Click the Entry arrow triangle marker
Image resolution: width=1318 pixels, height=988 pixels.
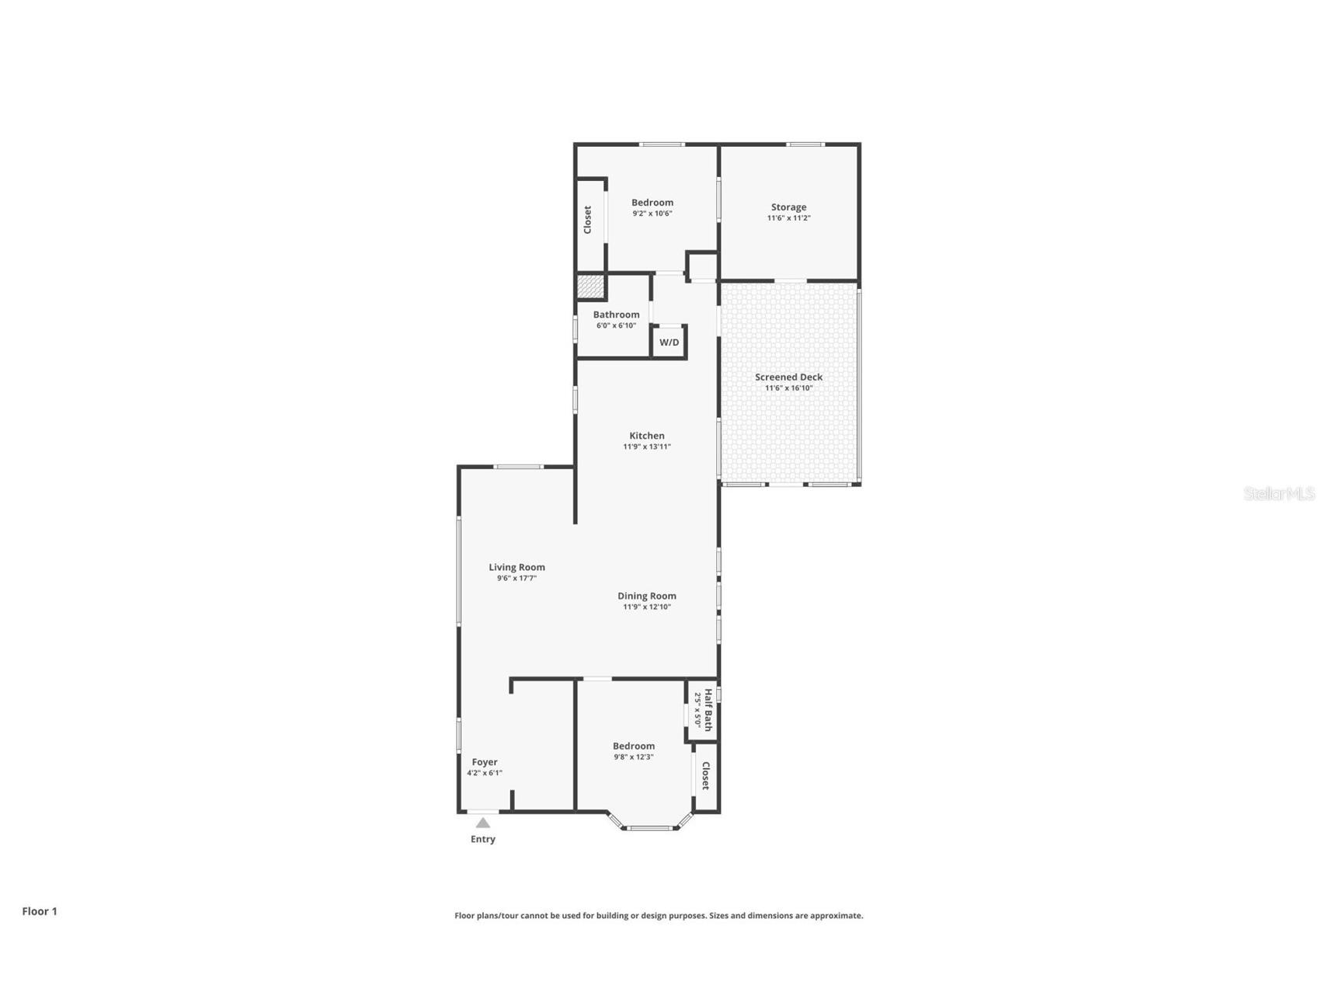pos(483,823)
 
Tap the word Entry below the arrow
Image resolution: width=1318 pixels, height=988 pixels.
pos(483,839)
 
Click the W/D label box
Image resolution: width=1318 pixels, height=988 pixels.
pos(669,343)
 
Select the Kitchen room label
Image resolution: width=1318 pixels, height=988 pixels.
pos(647,436)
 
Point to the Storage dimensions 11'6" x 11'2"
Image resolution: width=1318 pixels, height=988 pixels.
pos(788,218)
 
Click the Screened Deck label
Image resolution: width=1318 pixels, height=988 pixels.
pos(788,377)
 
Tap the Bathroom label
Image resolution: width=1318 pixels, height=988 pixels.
pos(616,315)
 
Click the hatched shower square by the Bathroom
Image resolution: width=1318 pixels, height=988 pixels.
pos(590,286)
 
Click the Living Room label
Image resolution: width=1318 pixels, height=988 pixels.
pos(516,567)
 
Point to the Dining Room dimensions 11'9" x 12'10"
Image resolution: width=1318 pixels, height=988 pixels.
pos(647,607)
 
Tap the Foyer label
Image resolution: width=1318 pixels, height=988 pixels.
pos(485,762)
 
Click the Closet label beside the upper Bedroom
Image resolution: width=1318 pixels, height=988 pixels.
pos(588,220)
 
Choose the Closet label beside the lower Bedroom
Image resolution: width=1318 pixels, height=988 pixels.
pos(706,775)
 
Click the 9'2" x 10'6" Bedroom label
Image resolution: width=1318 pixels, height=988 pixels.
pos(652,203)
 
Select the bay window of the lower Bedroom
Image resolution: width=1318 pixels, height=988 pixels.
pos(650,827)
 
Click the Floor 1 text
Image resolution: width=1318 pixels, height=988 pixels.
pos(40,911)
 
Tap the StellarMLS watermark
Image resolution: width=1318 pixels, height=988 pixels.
pos(1278,493)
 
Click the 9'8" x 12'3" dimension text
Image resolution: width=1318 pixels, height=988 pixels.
pos(634,757)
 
